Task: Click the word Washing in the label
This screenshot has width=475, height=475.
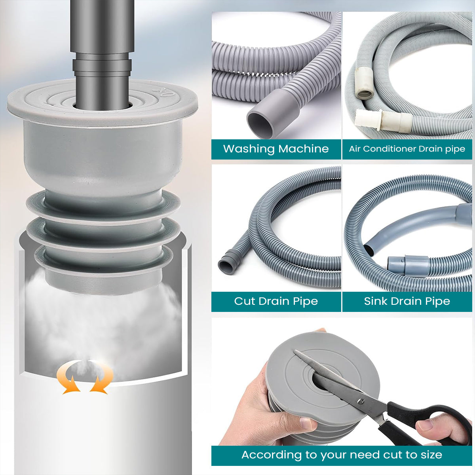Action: point(249,149)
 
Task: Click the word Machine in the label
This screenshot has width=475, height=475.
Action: point(304,149)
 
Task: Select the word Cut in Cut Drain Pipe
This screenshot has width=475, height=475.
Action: point(244,301)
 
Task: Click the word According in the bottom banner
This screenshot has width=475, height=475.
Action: point(272,455)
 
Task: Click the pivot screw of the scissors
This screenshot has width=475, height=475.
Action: point(360,401)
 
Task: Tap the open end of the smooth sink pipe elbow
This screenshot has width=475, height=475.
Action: point(369,250)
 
